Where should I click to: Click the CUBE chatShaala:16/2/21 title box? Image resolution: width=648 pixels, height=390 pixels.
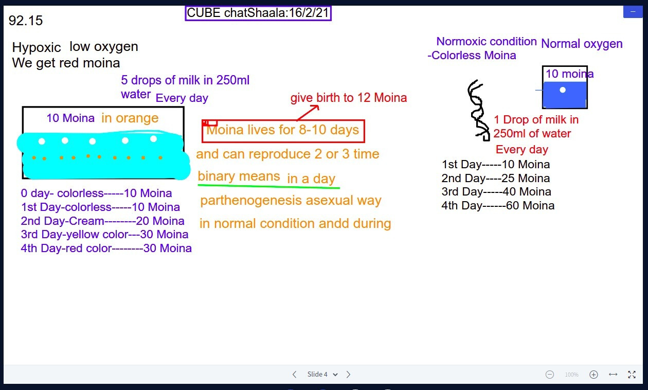(x=258, y=13)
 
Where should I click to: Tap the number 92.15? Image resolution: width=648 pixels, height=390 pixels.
(x=26, y=21)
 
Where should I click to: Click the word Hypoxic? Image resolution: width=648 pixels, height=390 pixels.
(x=37, y=47)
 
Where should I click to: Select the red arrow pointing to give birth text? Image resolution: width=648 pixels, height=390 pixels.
(x=308, y=113)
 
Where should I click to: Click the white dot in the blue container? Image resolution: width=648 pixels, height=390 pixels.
(x=563, y=90)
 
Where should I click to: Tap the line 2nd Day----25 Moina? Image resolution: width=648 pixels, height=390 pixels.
(x=496, y=178)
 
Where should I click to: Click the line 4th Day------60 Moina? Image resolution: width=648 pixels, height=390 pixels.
(x=498, y=206)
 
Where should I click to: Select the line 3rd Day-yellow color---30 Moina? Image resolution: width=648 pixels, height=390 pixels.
(x=104, y=234)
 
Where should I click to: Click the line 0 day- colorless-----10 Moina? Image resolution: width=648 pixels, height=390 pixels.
(x=96, y=193)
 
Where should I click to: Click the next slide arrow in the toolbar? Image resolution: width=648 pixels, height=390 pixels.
(x=348, y=375)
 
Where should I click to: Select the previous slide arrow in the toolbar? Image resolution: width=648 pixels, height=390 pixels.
(x=295, y=375)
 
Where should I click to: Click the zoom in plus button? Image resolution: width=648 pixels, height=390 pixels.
(x=593, y=375)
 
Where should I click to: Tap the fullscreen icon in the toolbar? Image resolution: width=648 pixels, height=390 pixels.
(x=632, y=375)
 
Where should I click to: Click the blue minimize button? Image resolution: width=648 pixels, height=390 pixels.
(x=633, y=12)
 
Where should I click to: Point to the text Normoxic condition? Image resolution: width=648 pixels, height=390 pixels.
(x=487, y=41)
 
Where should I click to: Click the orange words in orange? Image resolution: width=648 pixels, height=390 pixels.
(x=130, y=118)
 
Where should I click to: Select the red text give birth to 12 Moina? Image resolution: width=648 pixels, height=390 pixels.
(x=349, y=98)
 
